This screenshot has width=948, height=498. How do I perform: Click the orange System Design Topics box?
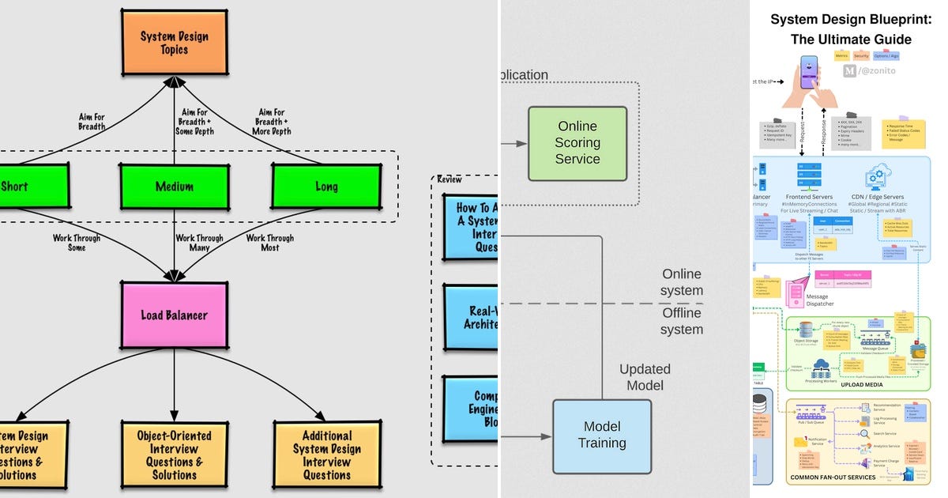(175, 43)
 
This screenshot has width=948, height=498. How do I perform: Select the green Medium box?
(175, 187)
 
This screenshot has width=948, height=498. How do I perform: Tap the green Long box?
(326, 187)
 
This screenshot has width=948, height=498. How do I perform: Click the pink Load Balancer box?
(174, 315)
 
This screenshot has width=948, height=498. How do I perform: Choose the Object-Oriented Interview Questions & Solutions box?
(174, 455)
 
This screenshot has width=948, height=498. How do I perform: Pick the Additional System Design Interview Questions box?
(326, 455)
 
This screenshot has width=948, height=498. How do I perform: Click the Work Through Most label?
(270, 243)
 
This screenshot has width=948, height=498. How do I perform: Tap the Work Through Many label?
(200, 243)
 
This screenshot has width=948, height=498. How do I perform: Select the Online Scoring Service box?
(577, 143)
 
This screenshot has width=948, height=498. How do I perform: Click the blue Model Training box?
(602, 435)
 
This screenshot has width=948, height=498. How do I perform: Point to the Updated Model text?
(645, 377)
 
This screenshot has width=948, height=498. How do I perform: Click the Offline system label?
(681, 321)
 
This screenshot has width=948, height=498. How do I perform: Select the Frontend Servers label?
(811, 197)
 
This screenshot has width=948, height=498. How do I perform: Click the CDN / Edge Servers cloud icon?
(878, 176)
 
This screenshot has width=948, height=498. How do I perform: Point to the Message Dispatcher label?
(819, 300)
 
